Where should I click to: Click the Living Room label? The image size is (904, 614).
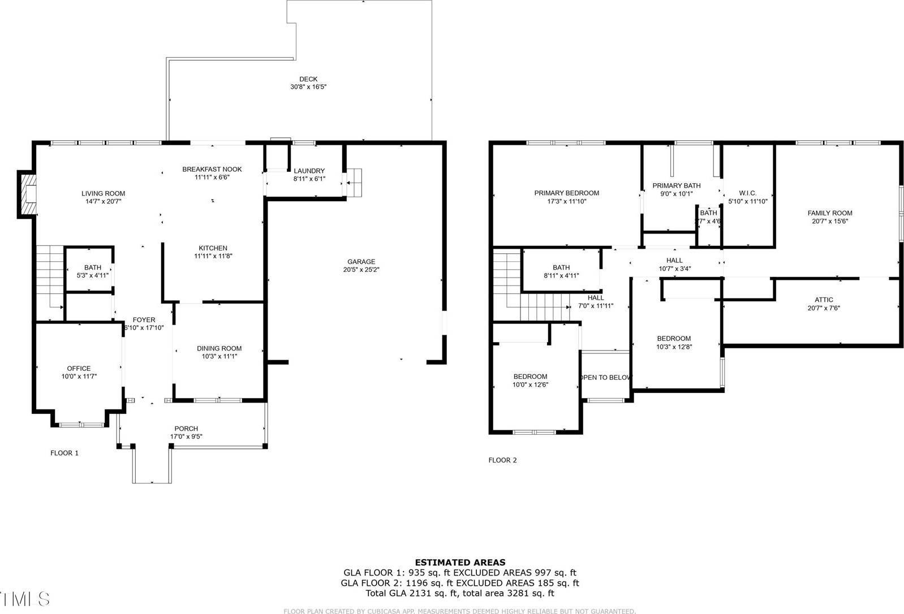coord(103,193)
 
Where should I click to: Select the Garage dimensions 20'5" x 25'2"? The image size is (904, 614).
coord(361,270)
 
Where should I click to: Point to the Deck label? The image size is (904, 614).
coord(308,79)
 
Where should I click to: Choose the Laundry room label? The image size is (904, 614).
coord(309,171)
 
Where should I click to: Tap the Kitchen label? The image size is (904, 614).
coord(213,248)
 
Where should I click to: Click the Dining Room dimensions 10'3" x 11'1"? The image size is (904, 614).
coord(219,356)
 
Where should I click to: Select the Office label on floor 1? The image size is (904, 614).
coord(79,368)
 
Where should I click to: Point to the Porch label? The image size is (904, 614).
coord(186,429)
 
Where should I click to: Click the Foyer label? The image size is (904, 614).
coord(144,320)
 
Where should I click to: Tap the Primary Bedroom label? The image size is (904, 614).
coord(566,193)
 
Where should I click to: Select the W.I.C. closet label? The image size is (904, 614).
coord(747,193)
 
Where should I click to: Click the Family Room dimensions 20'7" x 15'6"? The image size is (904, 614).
coord(830,221)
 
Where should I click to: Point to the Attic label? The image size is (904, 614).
coord(824,300)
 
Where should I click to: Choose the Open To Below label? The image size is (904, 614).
coord(606,377)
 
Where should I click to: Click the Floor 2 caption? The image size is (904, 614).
coord(502,460)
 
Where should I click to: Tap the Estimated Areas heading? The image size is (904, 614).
coord(460,562)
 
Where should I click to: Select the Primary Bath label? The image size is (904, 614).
coord(676,185)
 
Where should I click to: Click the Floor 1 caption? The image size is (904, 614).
coord(64,453)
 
